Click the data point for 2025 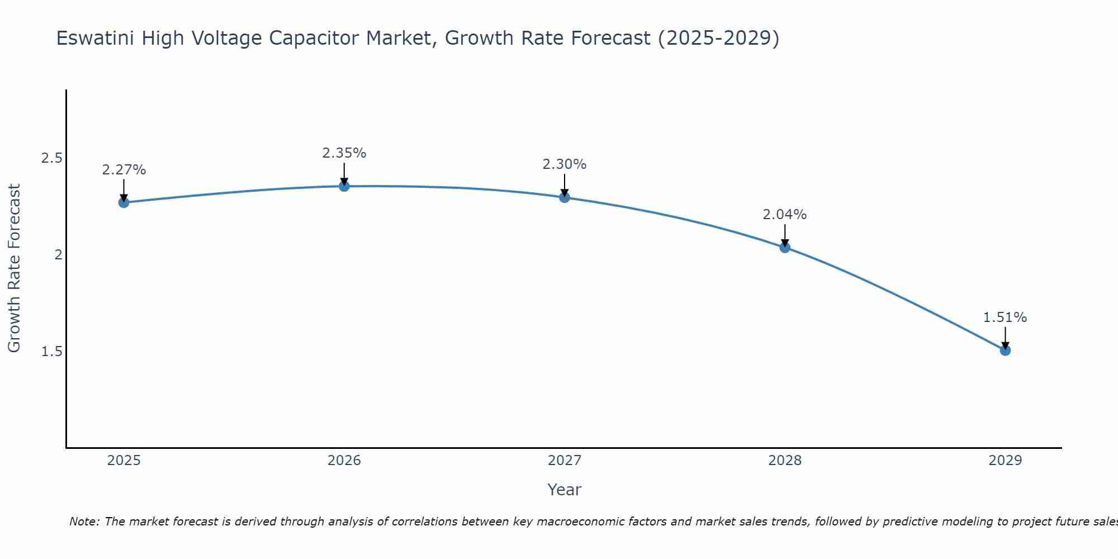coord(124,202)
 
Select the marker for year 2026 coord(344,186)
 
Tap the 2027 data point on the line coord(565,197)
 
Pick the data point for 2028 coord(785,248)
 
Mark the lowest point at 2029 coord(1005,350)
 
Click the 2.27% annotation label coord(124,170)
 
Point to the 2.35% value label coord(344,153)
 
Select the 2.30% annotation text coord(565,164)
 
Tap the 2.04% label coord(785,215)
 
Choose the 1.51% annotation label coord(1005,318)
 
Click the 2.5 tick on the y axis coord(51,158)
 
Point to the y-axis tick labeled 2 coord(58,255)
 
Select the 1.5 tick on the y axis coord(51,352)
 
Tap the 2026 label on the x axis coord(344,461)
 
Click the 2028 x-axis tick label coord(785,461)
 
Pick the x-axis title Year coord(565,490)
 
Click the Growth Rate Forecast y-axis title coord(14,268)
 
